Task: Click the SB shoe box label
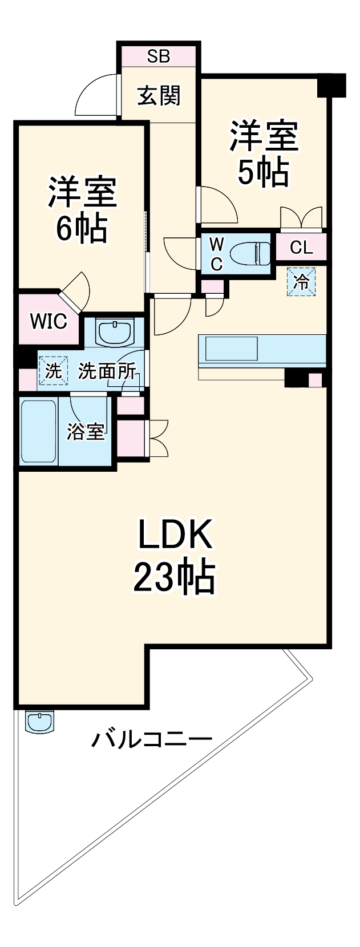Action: pyautogui.click(x=159, y=56)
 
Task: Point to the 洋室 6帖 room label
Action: pyautogui.click(x=82, y=209)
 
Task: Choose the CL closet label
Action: pyautogui.click(x=301, y=248)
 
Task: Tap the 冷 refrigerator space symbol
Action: pyautogui.click(x=301, y=282)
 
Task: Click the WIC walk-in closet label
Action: pyautogui.click(x=48, y=321)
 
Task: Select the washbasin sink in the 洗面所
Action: pyautogui.click(x=115, y=332)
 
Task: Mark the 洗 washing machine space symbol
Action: pyautogui.click(x=52, y=371)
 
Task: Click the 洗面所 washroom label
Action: pyautogui.click(x=107, y=371)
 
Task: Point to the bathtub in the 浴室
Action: pyautogui.click(x=39, y=431)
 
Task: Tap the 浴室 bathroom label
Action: pyautogui.click(x=86, y=432)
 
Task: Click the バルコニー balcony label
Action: pyautogui.click(x=152, y=741)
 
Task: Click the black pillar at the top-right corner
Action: pyautogui.click(x=331, y=85)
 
